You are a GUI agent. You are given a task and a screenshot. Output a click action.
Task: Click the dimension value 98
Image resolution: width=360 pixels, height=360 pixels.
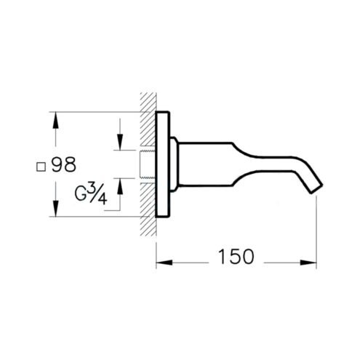point(64,165)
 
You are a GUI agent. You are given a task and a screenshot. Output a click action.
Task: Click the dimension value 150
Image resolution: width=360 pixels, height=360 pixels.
point(236,256)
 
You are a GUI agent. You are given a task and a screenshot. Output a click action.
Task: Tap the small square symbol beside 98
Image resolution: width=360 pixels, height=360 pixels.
point(41,167)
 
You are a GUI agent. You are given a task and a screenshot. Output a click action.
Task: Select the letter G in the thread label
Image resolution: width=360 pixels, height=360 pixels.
point(81,194)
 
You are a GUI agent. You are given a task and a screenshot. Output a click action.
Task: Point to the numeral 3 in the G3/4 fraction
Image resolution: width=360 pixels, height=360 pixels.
point(92,189)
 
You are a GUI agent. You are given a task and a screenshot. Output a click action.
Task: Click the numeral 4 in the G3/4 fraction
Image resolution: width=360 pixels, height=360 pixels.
point(102,199)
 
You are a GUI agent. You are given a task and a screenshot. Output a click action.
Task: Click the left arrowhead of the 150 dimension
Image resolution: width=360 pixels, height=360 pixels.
point(164,263)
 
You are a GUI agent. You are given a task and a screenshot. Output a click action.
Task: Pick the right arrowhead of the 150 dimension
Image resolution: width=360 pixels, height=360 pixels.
point(308,263)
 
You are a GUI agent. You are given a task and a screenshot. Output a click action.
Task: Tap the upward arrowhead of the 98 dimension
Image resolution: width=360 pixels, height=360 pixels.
point(56,120)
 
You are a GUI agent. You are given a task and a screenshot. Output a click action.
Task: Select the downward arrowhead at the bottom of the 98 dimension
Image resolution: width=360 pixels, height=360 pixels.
point(56,208)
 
